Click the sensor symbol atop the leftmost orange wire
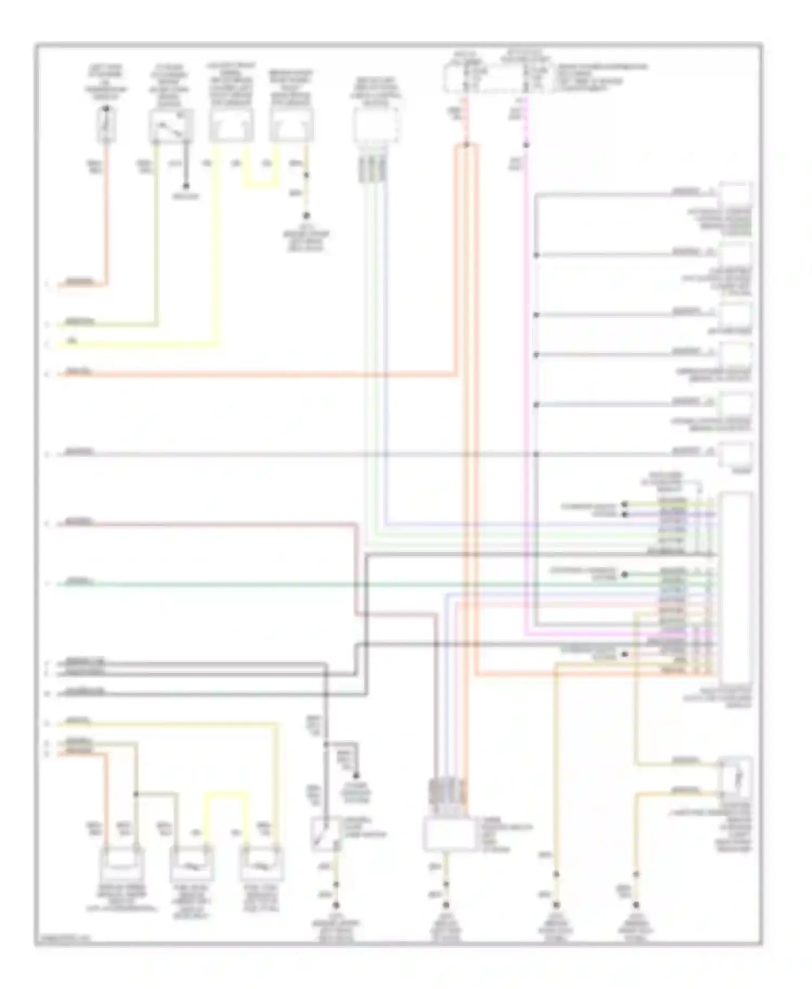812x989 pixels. coord(106,125)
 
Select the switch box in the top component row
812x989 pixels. coord(171,126)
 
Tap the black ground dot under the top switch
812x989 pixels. coord(185,186)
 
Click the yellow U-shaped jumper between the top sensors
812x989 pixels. coord(261,181)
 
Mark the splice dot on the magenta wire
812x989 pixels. coord(526,145)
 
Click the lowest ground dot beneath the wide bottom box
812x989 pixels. coord(446,905)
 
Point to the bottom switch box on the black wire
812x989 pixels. coord(325,833)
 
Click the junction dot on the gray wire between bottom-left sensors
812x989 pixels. coord(135,794)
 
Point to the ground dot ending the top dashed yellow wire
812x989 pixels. coord(306,215)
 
